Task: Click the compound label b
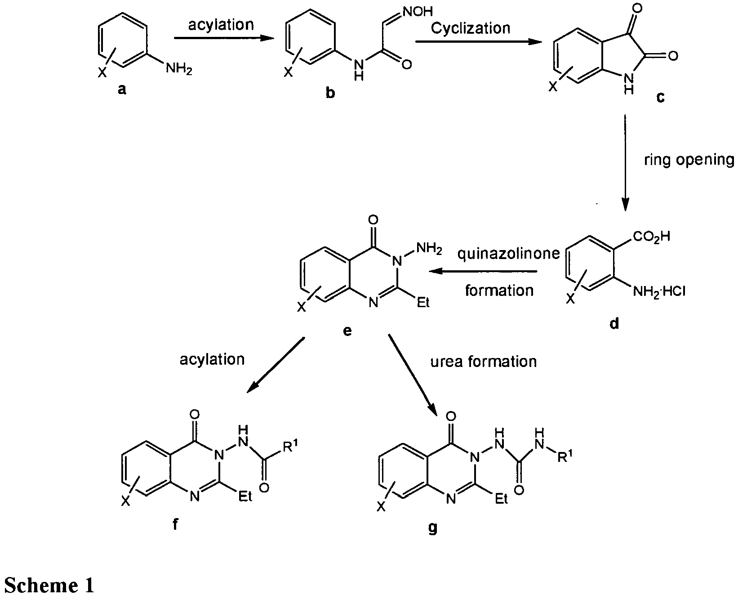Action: pyautogui.click(x=331, y=94)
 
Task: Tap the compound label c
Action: pyautogui.click(x=660, y=97)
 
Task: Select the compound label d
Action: pyautogui.click(x=614, y=323)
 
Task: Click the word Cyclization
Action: pyautogui.click(x=470, y=28)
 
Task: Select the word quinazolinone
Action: pyautogui.click(x=508, y=255)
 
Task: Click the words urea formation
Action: pyautogui.click(x=484, y=362)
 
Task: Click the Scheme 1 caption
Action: pyautogui.click(x=49, y=586)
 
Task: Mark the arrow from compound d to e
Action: pyautogui.click(x=483, y=271)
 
